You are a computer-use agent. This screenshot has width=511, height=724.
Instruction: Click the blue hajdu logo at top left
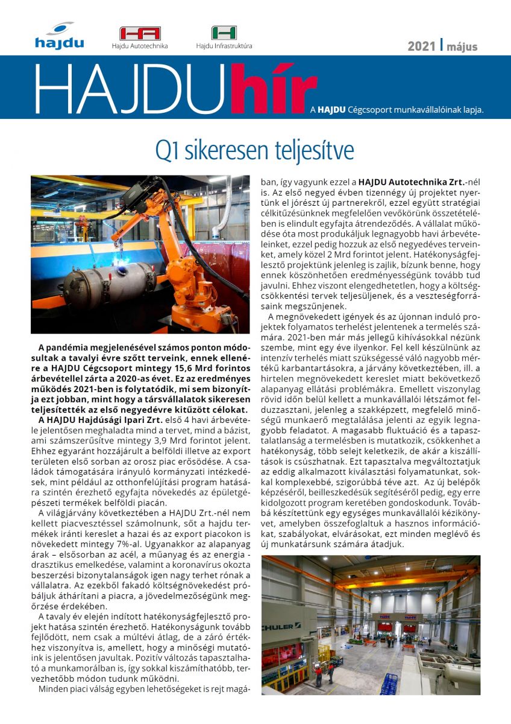(59, 36)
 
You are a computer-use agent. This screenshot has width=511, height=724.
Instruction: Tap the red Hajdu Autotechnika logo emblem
(140, 33)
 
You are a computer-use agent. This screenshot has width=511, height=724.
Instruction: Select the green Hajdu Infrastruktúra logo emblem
(224, 33)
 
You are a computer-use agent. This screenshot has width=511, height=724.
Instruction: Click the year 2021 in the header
(421, 46)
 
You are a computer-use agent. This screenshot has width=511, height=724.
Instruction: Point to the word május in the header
(461, 46)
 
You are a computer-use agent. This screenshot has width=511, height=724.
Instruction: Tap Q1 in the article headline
(166, 150)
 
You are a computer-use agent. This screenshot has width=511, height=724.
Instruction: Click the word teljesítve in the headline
(307, 150)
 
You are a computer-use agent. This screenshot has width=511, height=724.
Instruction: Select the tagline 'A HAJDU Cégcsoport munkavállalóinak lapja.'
(396, 110)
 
